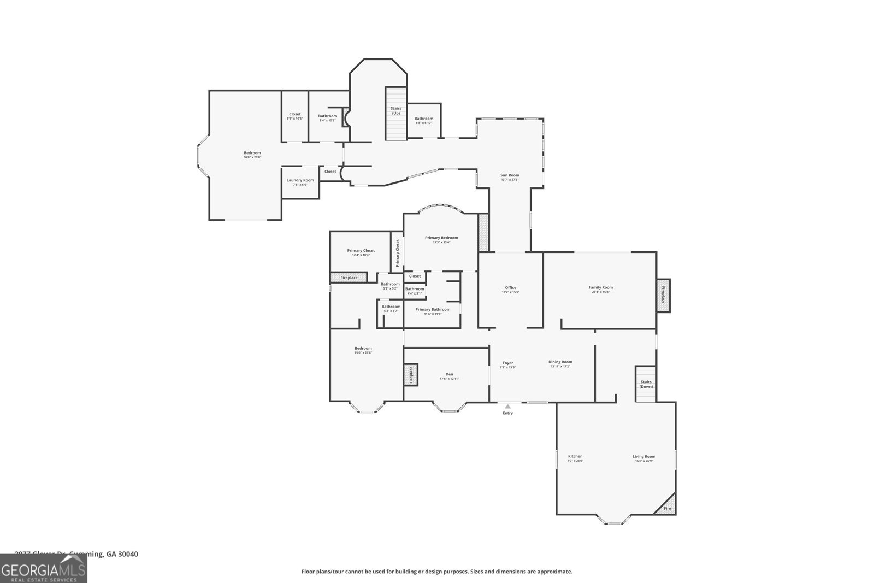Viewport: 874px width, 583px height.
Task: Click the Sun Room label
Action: tap(510, 175)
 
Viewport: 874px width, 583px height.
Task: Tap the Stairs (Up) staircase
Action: tap(396, 114)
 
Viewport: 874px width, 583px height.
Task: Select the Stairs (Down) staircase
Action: tap(646, 384)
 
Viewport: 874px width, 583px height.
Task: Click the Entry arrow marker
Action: tap(508, 407)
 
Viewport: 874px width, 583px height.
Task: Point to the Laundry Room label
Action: tap(300, 180)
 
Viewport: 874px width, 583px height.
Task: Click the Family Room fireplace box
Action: tap(664, 296)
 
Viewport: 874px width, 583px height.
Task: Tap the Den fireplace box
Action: tap(411, 375)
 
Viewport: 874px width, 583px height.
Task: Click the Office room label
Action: tap(511, 287)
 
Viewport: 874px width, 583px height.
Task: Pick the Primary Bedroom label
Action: tap(441, 238)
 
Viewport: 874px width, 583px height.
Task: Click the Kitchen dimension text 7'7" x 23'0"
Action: tap(576, 461)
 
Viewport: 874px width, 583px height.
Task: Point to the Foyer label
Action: tap(508, 363)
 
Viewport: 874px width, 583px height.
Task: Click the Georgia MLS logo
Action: tap(44, 568)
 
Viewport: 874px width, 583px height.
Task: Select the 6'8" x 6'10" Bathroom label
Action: tap(424, 119)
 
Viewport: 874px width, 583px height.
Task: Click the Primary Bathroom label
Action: tap(433, 309)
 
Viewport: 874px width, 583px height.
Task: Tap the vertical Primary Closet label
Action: tap(398, 252)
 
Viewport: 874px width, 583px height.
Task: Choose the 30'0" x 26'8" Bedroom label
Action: tap(252, 153)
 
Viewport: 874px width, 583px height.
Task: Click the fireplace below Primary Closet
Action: tap(349, 278)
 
